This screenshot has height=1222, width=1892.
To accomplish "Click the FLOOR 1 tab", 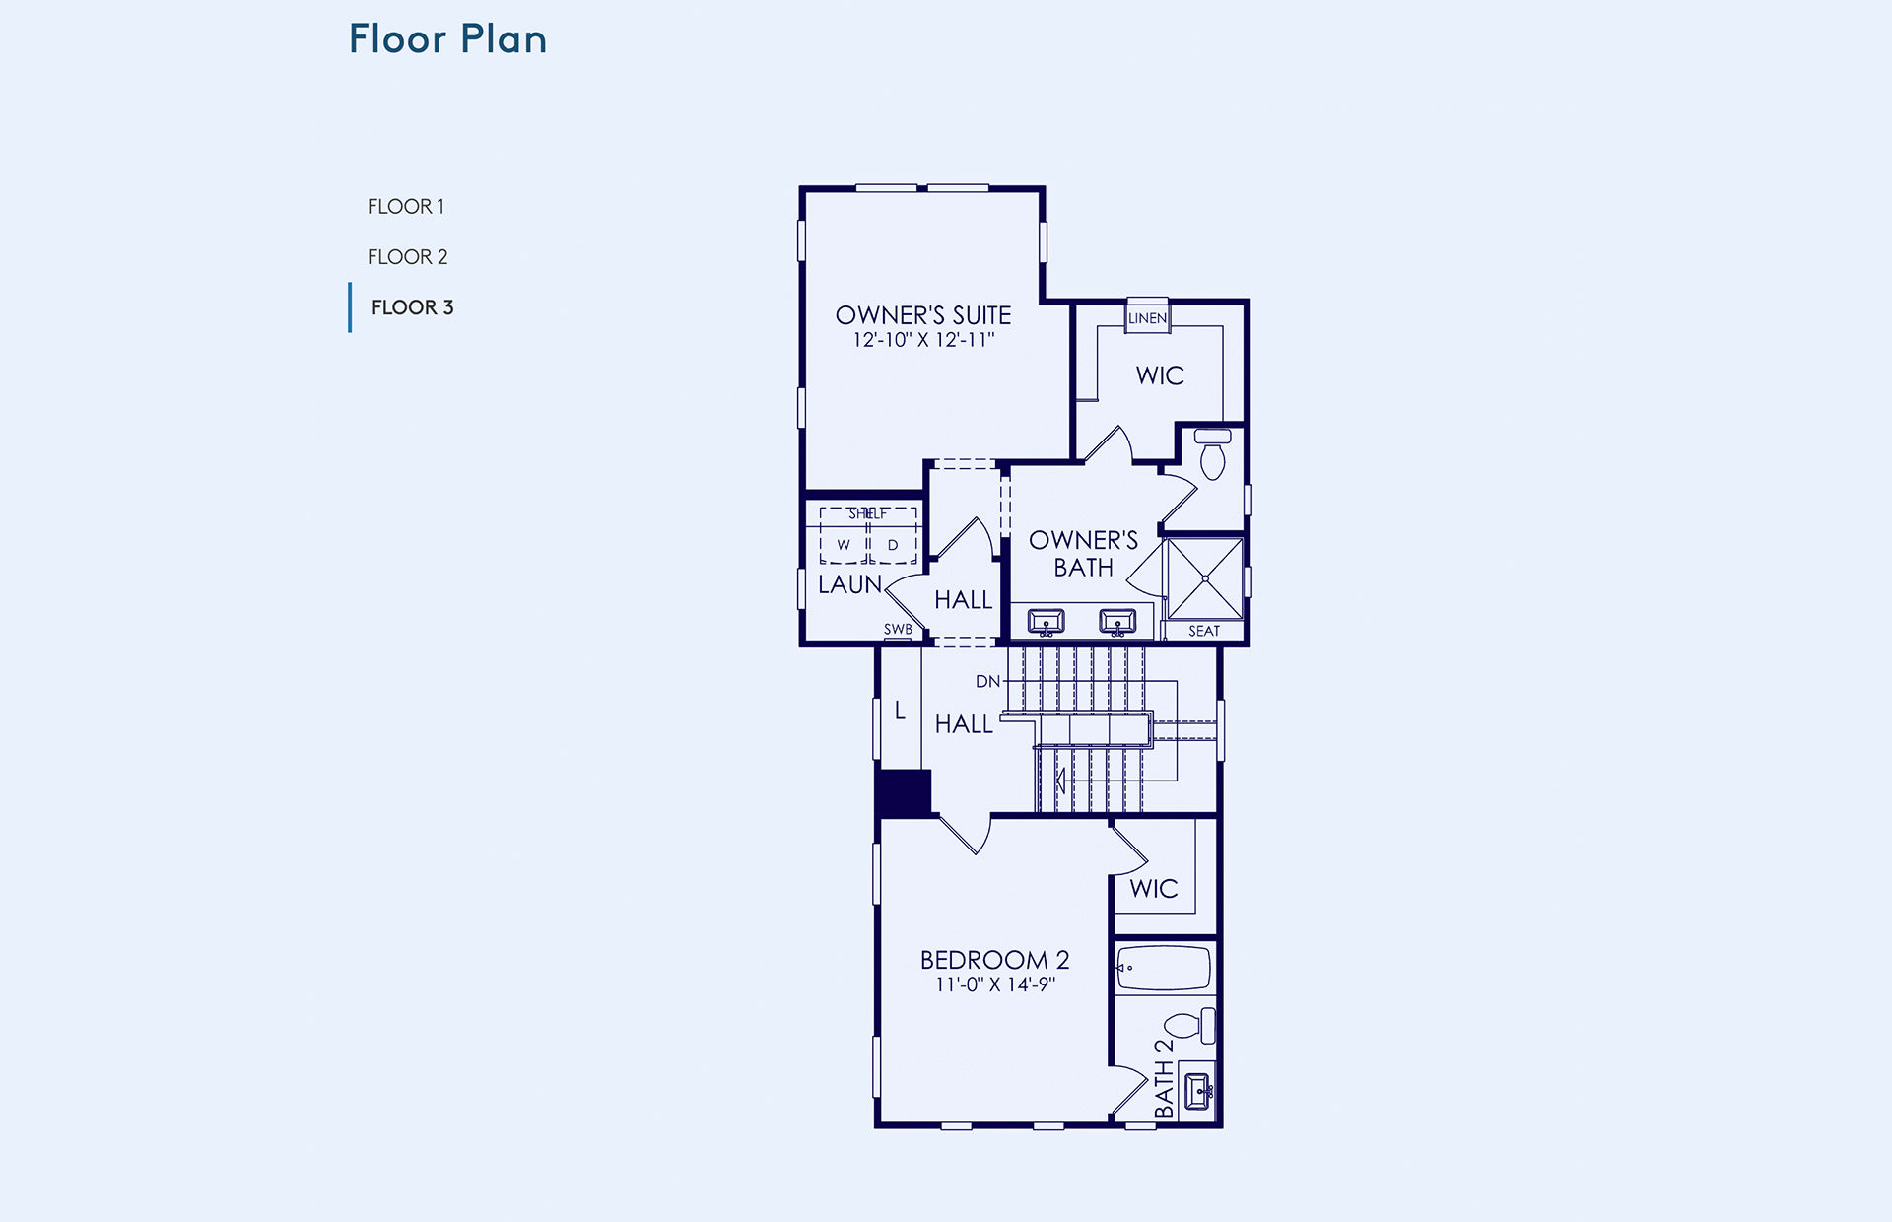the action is coord(406,207).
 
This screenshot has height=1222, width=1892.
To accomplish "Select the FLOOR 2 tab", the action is coord(407,257).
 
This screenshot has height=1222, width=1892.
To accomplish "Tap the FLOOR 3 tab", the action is coord(412,307).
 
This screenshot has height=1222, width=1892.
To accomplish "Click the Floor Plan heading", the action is coord(447,39).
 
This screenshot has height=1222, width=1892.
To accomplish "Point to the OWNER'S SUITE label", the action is coord(923,315).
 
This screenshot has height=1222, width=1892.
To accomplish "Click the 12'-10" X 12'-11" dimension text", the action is coord(923,340).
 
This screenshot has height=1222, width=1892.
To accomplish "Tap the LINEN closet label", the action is coord(1147,318).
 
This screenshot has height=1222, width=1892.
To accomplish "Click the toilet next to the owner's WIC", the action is coord(1212,453).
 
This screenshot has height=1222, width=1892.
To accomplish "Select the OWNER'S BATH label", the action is coord(1083,554).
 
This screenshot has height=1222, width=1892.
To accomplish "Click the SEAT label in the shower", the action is coord(1203,631).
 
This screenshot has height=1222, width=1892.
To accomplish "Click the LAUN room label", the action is coord(849,584).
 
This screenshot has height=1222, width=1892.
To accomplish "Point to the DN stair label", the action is coord(987,681).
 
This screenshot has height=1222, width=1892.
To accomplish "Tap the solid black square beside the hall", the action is coord(904,793).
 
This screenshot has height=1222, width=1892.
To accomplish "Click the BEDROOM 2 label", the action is coord(994,960).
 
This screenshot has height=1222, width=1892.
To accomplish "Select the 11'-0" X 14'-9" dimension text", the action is coord(995,984).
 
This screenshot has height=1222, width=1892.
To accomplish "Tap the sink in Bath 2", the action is coord(1197,1091).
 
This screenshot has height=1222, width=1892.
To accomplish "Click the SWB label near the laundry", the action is coord(898,629).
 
